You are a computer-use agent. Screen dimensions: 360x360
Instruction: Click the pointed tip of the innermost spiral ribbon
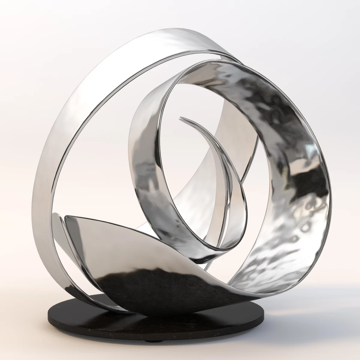180,118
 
